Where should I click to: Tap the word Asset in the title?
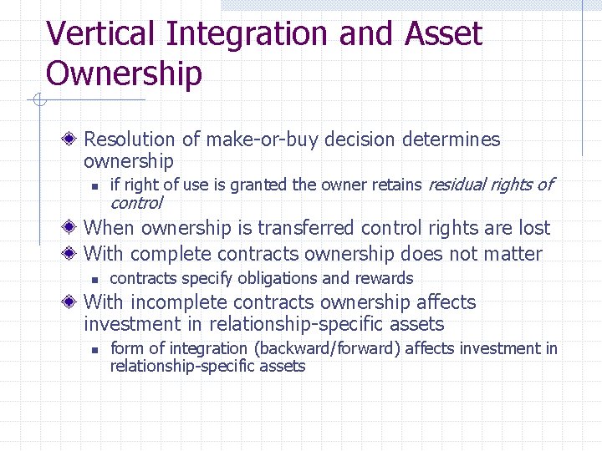pos(443,34)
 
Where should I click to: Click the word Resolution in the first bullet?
pos(130,139)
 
